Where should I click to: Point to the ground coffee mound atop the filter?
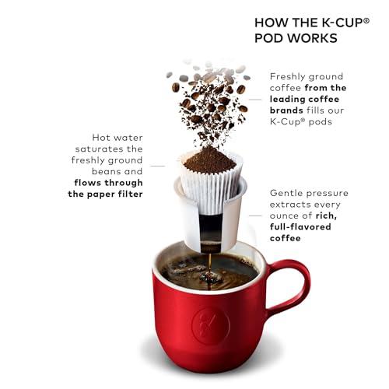(208, 160)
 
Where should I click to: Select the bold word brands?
(289, 110)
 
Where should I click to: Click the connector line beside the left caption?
(158, 166)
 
